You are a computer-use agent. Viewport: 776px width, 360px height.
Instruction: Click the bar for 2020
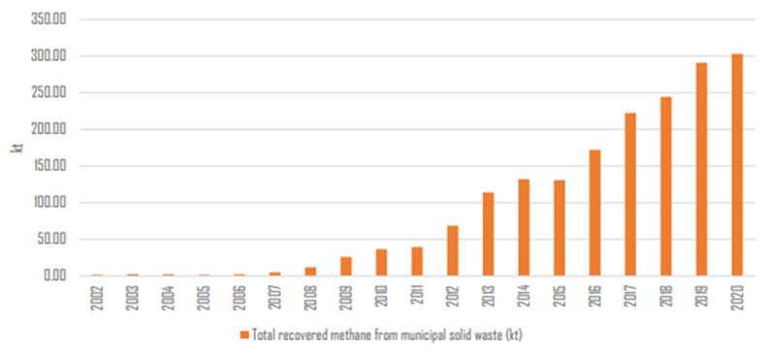coord(736,165)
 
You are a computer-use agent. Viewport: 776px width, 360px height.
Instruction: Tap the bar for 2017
coord(630,194)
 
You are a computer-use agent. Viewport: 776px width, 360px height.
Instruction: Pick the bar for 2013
coord(488,234)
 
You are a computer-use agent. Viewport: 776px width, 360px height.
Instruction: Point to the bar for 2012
coord(452,250)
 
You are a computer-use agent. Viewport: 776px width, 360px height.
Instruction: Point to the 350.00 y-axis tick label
coord(48,20)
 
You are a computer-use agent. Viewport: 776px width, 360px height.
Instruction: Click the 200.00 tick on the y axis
coord(48,130)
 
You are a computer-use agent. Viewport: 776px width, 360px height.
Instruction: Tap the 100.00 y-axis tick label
coord(48,203)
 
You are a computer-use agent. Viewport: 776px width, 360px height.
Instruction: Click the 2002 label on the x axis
coord(98,297)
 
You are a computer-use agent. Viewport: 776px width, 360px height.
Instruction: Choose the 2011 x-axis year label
coord(417,297)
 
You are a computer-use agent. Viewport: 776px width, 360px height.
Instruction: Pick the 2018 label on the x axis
coord(665,297)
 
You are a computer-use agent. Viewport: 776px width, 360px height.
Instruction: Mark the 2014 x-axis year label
coord(524,297)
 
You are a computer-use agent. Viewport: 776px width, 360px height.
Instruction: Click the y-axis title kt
coord(16,147)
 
